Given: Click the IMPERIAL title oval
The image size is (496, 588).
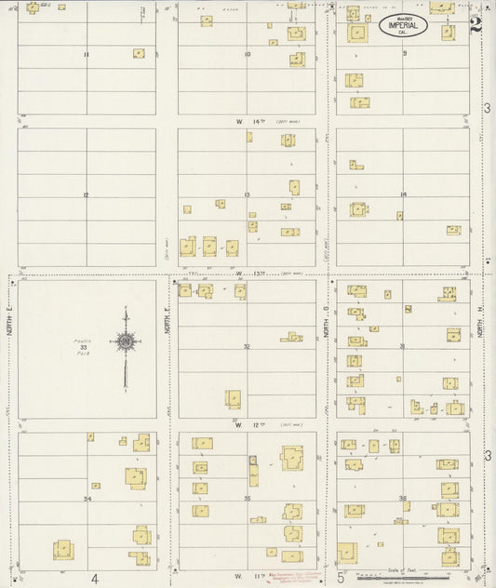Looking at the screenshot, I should coord(403,26).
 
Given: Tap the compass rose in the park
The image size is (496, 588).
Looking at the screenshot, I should coord(124,342).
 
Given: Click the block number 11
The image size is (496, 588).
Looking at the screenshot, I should coord(86,55).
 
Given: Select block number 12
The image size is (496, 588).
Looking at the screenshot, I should coord(86,195).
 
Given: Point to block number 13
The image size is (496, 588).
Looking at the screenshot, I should coord(247,194).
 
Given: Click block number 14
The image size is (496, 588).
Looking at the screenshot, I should coord(403,194).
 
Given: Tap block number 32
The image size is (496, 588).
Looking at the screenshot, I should coord(247,346).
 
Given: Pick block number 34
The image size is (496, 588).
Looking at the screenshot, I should coord(87,500).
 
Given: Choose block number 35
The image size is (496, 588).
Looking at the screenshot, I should coord(247,500).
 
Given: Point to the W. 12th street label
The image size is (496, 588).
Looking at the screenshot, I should coord(251,424).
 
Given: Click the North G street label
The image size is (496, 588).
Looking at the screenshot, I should coord(327,322).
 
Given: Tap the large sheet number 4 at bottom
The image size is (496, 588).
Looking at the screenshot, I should coord(95,578).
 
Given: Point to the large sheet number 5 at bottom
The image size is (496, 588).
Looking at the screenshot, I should coord(342,578).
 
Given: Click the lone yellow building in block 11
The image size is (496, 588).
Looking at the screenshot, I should coord(139,54).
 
